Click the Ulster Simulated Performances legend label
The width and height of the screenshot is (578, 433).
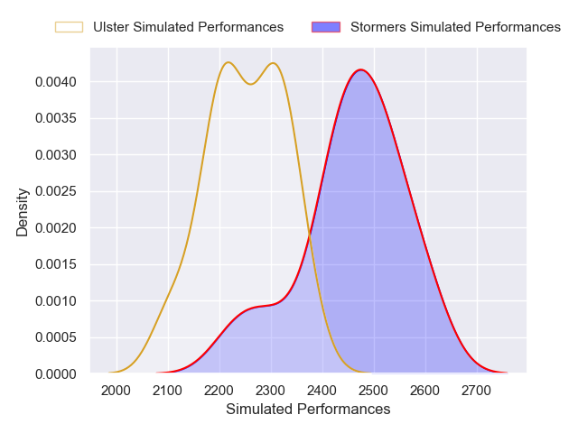pyautogui.click(x=188, y=27)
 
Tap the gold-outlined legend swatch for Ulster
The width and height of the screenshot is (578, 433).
pyautogui.click(x=70, y=27)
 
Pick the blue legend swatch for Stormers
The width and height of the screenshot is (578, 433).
pyautogui.click(x=326, y=27)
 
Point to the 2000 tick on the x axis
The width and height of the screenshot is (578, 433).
pyautogui.click(x=117, y=390)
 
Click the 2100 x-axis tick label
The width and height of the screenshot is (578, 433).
pyautogui.click(x=168, y=390)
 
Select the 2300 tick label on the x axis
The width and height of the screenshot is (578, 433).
pyautogui.click(x=271, y=390)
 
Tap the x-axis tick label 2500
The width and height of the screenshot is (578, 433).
pyautogui.click(x=374, y=390)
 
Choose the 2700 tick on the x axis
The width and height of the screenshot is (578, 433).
pyautogui.click(x=476, y=390)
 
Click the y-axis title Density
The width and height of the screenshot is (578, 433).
pyautogui.click(x=23, y=212)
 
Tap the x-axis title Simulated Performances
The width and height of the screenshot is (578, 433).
pyautogui.click(x=308, y=409)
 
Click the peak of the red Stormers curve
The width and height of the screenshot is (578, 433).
pyautogui.click(x=360, y=69)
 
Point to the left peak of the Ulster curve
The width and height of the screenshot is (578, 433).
pyautogui.click(x=228, y=62)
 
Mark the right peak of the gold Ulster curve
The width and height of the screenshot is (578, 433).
pyautogui.click(x=273, y=63)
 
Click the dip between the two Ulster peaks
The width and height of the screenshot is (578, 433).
pyautogui.click(x=250, y=84)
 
